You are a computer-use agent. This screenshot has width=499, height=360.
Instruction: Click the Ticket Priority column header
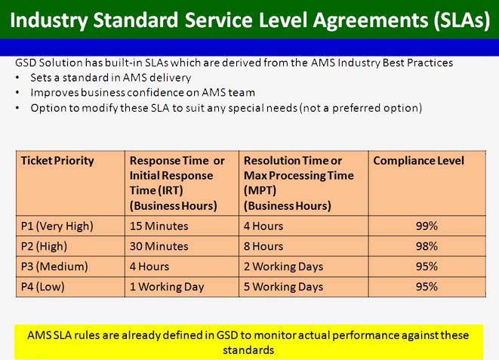pos(57,161)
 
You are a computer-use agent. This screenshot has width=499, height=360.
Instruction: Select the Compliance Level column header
pos(418,161)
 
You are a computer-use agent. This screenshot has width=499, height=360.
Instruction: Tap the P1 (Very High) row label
pos(57,226)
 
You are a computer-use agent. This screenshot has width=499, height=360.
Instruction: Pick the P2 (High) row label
pos(44,247)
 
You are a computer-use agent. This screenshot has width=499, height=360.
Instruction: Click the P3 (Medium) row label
pos(54,266)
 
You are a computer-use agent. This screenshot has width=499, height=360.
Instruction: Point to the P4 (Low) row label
pos(42,287)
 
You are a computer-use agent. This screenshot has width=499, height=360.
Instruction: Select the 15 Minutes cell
pos(159,226)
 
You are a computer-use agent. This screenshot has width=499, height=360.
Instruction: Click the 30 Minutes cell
pos(159,247)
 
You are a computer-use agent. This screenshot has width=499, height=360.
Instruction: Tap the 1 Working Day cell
pos(167,287)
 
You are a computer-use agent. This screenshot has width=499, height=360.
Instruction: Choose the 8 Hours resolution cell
pos(263,247)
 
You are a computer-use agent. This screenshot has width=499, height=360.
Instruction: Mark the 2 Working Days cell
pos(283,266)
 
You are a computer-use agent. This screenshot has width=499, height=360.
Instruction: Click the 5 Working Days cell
pos(283,287)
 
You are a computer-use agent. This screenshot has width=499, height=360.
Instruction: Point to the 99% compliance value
pos(427,226)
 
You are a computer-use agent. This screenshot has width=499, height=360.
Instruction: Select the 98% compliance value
pos(427,247)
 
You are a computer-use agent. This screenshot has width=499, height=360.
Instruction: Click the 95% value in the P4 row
pos(427,287)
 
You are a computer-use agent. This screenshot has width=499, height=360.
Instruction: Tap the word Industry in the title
pos(48,20)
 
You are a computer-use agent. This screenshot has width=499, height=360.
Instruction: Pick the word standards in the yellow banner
pos(248,350)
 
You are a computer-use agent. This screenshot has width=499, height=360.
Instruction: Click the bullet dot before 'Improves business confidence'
pos(17,93)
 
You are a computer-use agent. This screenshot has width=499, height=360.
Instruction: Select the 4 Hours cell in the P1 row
pos(263,226)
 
